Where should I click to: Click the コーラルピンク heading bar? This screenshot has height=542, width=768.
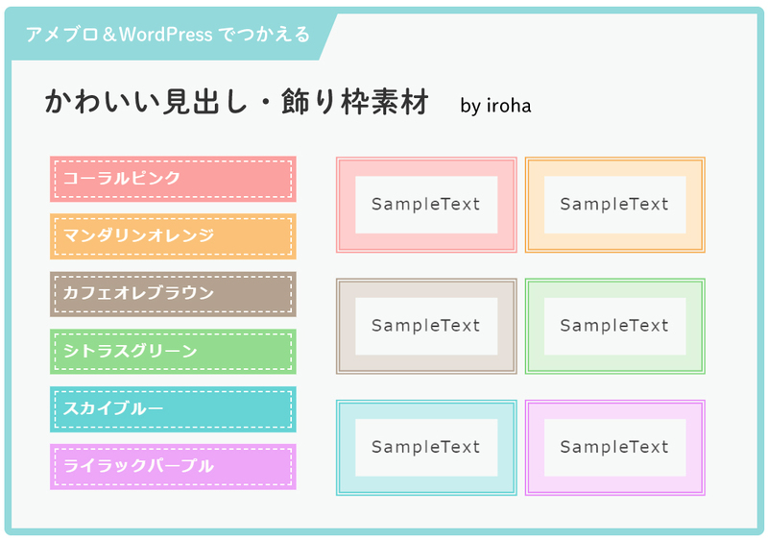[x=173, y=179]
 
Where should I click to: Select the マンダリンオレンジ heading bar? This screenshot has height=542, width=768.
[x=173, y=236]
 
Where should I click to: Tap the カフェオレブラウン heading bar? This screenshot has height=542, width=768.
[x=173, y=294]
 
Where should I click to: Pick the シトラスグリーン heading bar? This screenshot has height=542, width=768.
[x=173, y=352]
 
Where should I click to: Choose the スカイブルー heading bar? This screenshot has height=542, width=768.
[x=173, y=409]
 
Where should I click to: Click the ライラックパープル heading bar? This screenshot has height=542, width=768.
[x=173, y=466]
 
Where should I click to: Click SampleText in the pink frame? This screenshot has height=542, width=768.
[x=425, y=204]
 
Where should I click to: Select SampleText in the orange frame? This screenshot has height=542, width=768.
[x=614, y=204]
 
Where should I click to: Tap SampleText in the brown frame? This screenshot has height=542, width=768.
[x=425, y=325]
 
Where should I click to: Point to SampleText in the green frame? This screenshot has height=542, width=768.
[x=614, y=325]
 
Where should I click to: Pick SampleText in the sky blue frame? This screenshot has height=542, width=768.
[x=425, y=447]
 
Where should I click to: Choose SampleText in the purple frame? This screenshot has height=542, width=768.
[x=614, y=447]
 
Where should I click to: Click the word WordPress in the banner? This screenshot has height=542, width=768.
[x=165, y=35]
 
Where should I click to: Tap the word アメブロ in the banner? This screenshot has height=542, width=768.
[x=62, y=35]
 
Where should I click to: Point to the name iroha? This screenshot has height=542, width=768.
[x=509, y=106]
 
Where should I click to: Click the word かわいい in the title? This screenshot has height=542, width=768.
[x=102, y=102]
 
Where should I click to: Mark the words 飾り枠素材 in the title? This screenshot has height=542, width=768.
[x=355, y=102]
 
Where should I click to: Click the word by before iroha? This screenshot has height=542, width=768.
[x=470, y=107]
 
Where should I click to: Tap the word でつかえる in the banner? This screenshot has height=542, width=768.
[x=264, y=35]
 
